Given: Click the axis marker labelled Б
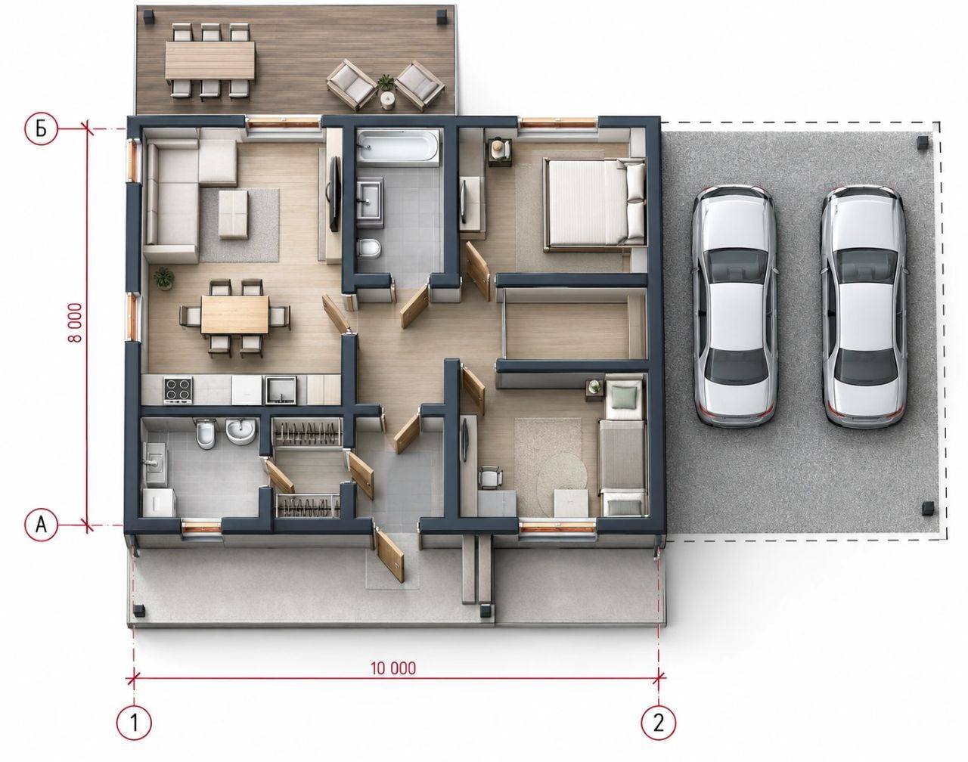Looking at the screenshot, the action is point(41,129).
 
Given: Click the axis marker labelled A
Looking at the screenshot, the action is point(41,524).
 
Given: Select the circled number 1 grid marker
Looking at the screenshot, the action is point(134,723).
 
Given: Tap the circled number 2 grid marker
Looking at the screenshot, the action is point(658,723).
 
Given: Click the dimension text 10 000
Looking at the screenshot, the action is point(393,668).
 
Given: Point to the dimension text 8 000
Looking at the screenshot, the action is point(75,322).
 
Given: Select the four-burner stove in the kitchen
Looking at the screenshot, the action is point(178,389).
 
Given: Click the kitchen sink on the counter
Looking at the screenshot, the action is point(281,390).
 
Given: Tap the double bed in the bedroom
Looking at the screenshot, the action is point(594,203).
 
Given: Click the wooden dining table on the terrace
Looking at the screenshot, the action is point(210,60).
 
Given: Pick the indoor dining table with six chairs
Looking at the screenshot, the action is point(234,314).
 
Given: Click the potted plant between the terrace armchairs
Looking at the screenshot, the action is point(386,83).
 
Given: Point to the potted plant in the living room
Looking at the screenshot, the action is point(164,278).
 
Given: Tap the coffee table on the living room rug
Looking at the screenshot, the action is point(233,214).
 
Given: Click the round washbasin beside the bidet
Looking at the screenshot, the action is point(240,432).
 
